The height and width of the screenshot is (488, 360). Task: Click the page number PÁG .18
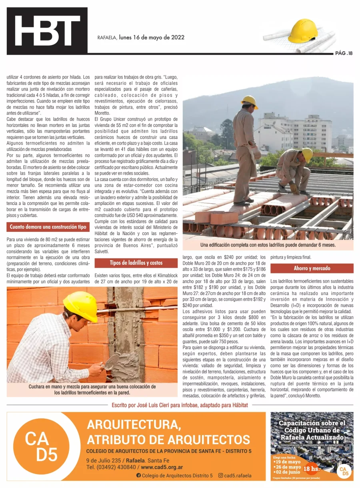(344, 53)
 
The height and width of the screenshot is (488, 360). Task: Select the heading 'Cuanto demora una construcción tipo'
(48, 227)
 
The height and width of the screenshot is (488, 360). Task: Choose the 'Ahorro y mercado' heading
(312, 268)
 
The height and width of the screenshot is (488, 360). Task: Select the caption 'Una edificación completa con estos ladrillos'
(268, 245)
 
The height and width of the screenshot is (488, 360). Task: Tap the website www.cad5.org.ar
(162, 467)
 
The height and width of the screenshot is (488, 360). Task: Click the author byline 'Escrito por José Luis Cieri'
(180, 405)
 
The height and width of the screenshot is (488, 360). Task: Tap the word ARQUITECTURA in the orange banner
(134, 424)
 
